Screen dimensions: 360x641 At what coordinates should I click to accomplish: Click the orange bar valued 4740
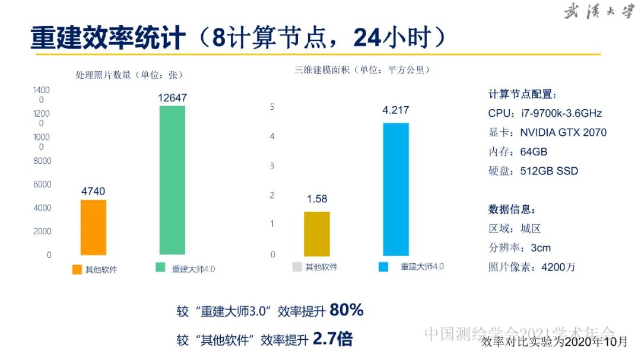(x=93, y=227)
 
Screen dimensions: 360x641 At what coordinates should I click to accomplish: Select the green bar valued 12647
(x=172, y=180)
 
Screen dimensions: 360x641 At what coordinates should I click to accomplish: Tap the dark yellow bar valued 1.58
(x=317, y=233)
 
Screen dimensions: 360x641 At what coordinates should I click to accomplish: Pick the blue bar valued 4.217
(x=396, y=189)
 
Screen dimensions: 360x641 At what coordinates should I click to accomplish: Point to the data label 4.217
(x=396, y=110)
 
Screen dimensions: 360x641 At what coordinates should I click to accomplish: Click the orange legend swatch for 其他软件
(x=77, y=269)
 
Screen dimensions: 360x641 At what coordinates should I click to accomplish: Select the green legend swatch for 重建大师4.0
(x=160, y=267)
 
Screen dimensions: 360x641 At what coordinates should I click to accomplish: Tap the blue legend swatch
(x=383, y=267)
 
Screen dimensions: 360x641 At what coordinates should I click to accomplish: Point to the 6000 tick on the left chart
(x=42, y=184)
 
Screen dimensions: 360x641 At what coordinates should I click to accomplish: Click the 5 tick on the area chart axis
(x=272, y=107)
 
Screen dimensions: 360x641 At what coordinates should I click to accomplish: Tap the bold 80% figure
(x=346, y=310)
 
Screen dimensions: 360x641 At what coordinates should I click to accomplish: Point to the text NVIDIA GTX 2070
(x=563, y=132)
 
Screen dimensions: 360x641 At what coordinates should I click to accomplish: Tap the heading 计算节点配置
(x=523, y=94)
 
